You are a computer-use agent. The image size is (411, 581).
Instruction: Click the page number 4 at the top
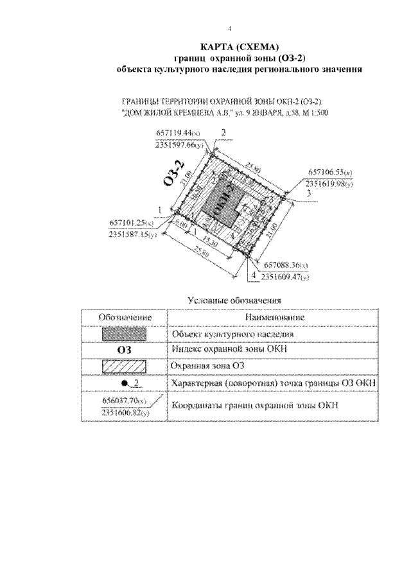pos(230,29)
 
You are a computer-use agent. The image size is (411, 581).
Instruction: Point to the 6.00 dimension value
pos(182,225)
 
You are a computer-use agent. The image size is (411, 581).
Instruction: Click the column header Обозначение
pos(125,318)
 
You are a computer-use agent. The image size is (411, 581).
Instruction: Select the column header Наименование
pos(274,318)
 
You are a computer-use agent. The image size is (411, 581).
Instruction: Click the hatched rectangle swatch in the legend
pos(125,367)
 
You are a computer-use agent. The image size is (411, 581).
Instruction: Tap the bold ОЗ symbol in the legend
pos(125,351)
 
